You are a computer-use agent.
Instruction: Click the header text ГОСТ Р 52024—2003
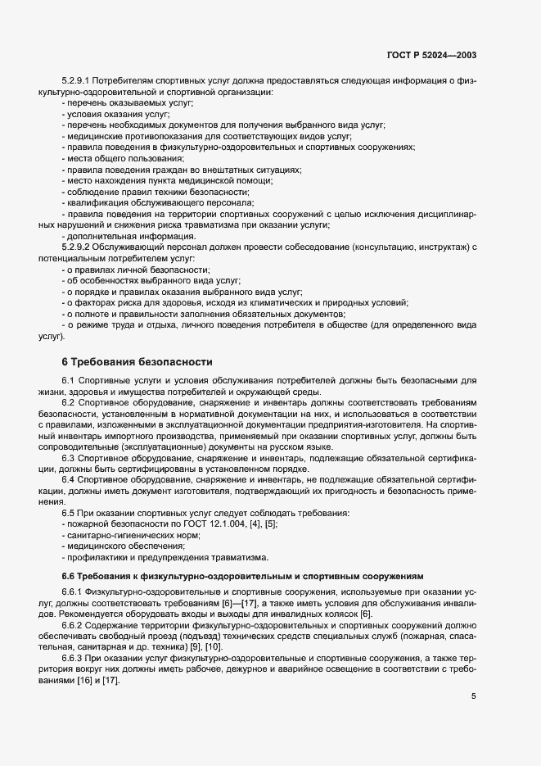(432, 55)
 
